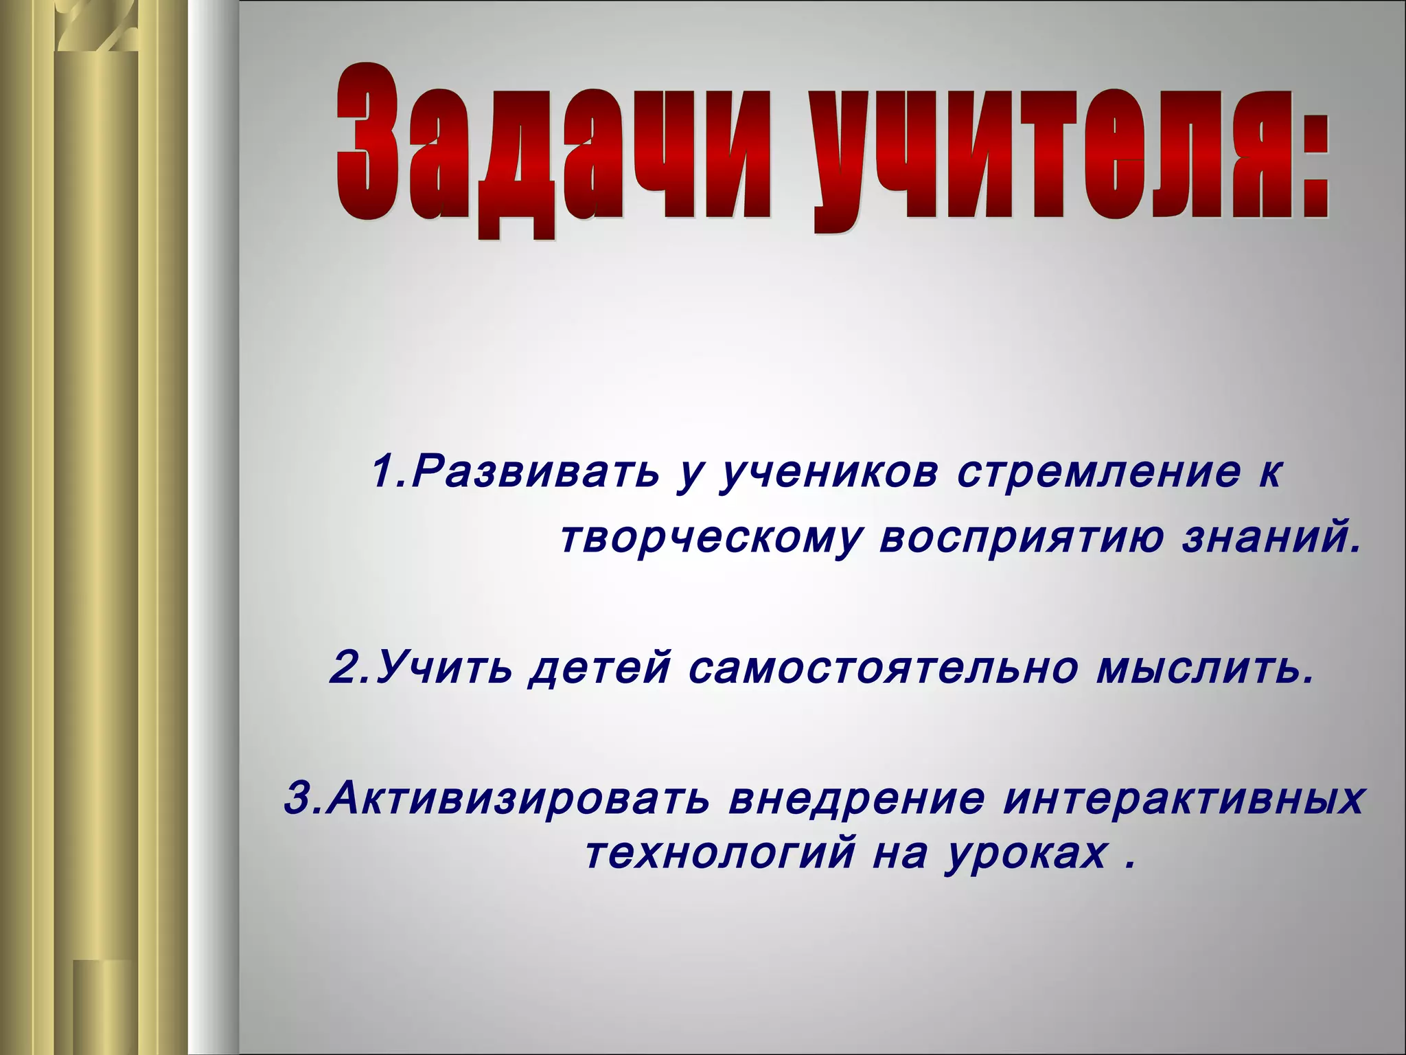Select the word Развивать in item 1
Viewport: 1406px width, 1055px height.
pyautogui.click(x=536, y=473)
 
